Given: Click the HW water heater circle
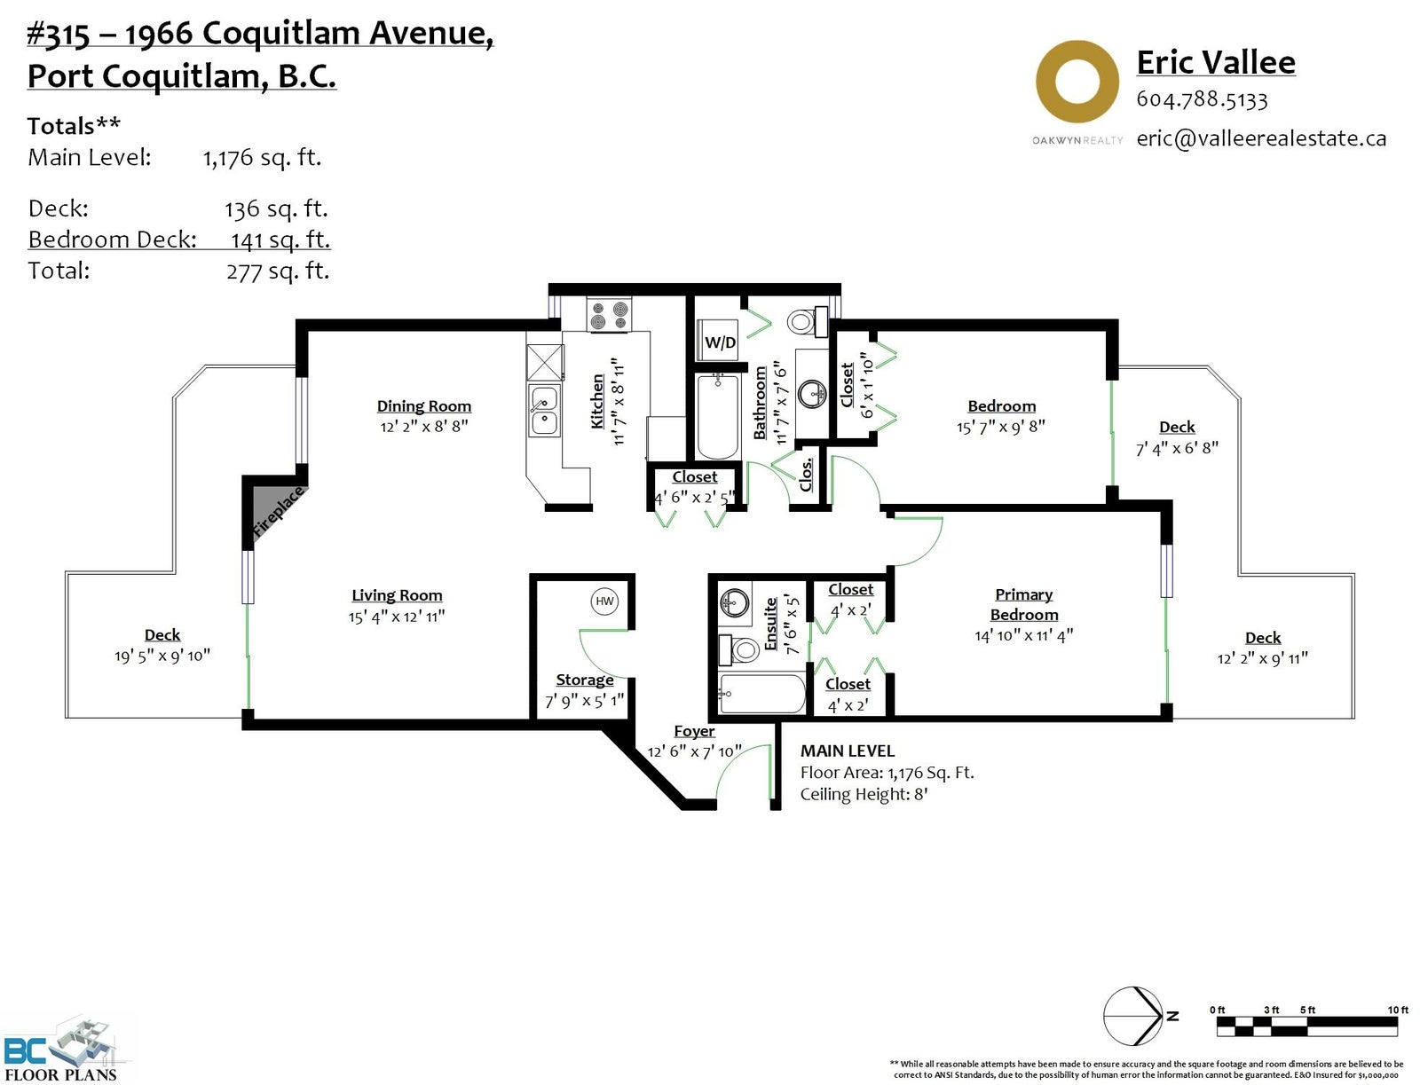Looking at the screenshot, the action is (x=604, y=602).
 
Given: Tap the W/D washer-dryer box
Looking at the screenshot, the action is (x=719, y=341).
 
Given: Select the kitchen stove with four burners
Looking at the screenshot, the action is (x=608, y=316).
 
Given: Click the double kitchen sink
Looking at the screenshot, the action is (x=544, y=411).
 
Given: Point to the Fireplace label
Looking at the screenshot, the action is (x=278, y=512).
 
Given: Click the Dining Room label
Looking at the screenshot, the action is (x=423, y=406).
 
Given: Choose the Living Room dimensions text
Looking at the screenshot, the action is (x=397, y=617).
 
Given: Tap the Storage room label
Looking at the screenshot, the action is (x=585, y=680).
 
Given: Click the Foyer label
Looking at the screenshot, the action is (x=694, y=731).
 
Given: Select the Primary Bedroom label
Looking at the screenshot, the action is (x=1023, y=604).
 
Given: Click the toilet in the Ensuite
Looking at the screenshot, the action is (x=738, y=649).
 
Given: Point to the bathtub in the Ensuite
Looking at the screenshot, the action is (x=762, y=694).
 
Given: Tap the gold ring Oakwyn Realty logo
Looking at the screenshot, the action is (x=1077, y=82).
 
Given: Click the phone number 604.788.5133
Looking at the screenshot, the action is (x=1202, y=99).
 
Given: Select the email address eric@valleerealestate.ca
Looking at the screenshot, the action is (x=1261, y=138).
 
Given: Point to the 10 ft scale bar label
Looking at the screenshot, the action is (x=1397, y=1010).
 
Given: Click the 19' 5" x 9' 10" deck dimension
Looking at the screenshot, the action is (x=162, y=657).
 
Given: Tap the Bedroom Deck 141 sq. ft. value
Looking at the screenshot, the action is (x=280, y=240).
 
